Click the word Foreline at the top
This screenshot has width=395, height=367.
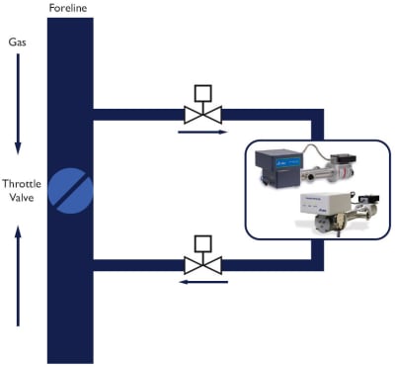(69, 9)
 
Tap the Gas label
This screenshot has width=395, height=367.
(18, 44)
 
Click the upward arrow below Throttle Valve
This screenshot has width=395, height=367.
(18, 276)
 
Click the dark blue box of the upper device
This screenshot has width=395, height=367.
(279, 168)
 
